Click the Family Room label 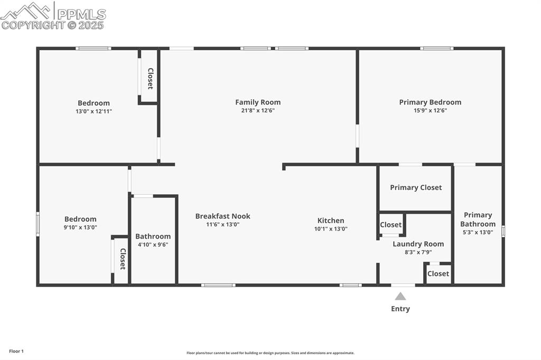coord(258,102)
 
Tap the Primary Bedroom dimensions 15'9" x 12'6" coord(430,111)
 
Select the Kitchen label coord(331,221)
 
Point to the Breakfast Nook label coord(222,216)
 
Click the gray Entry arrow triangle coord(400,296)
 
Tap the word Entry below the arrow coord(400,309)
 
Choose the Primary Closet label coord(416,187)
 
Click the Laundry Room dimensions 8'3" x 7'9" coord(418,252)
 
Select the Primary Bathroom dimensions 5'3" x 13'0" coord(478,232)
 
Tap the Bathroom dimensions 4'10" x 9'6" coord(153,245)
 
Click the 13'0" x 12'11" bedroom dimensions coord(94,111)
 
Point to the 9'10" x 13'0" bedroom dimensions coord(80,228)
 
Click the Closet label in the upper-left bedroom coord(150,78)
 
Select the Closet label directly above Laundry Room coord(390,225)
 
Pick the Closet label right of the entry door coord(438,273)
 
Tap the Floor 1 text coord(16,351)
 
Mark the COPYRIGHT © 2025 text coord(52,25)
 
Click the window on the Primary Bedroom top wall coord(436,49)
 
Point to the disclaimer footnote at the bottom coord(270,353)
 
